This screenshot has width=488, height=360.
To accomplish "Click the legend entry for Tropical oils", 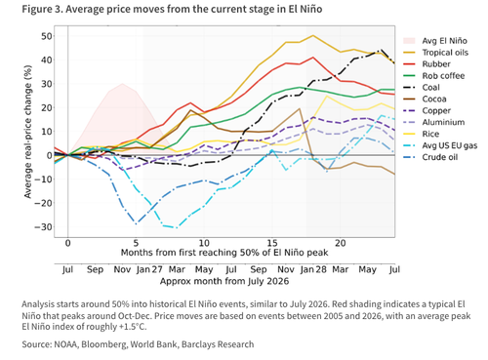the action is [445, 53].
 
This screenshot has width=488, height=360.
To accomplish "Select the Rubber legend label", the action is [436, 64].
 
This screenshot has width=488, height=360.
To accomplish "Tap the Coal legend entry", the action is [430, 88].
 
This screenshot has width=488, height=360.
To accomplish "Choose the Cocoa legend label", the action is [434, 100].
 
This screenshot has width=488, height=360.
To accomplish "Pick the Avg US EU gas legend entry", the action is [450, 145].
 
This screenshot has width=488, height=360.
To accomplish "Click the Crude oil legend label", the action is [440, 157].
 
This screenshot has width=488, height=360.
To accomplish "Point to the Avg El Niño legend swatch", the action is [409, 41].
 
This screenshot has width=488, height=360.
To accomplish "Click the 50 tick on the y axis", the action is [46, 36].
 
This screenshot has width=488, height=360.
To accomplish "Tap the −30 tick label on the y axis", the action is [43, 227].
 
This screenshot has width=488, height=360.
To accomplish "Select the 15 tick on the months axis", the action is [272, 243].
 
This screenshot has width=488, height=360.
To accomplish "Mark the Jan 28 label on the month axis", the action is [313, 269].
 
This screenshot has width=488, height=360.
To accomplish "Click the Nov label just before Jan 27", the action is [122, 269].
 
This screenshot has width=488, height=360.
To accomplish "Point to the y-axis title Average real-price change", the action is [28, 132].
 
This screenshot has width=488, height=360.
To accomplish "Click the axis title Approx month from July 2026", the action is [224, 281].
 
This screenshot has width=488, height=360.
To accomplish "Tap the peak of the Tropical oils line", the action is [313, 35].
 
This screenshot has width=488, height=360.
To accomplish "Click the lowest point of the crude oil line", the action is [136, 223].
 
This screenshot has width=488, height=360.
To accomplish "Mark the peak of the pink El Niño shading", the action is [122, 84].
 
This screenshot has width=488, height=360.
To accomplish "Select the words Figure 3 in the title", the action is [42, 9].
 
